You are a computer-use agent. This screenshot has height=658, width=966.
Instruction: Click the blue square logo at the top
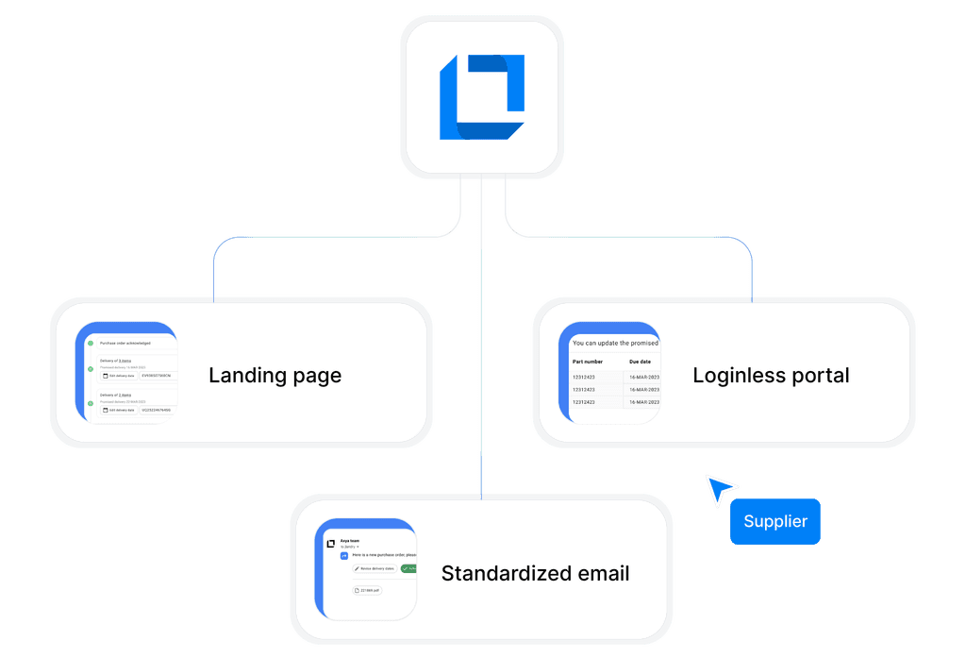point(481,97)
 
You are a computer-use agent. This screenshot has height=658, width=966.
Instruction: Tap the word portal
point(817,376)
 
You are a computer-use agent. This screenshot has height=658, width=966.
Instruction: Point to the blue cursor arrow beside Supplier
point(720,489)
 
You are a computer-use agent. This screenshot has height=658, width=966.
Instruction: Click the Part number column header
point(588,362)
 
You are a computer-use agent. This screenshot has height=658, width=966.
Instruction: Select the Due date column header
point(641,362)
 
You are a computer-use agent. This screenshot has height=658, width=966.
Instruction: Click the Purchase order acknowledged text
point(125,343)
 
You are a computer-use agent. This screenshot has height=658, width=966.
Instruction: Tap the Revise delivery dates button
point(374,568)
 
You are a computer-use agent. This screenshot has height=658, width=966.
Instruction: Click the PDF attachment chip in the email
point(367,590)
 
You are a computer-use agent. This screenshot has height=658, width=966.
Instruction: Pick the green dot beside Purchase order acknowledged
point(91,343)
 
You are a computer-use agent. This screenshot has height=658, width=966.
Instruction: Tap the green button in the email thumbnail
point(408,568)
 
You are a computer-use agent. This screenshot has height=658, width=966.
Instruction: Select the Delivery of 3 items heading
point(116,361)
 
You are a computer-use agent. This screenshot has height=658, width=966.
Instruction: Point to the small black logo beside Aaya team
point(331,544)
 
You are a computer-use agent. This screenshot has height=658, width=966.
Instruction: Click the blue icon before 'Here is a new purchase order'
point(344,556)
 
